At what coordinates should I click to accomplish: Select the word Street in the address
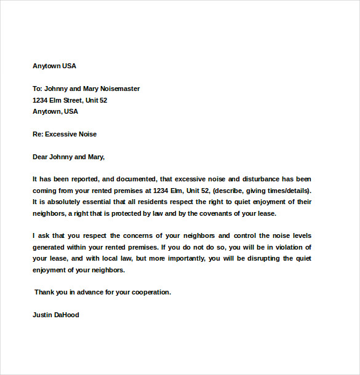click(x=76, y=100)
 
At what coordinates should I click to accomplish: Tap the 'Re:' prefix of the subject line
click(x=38, y=134)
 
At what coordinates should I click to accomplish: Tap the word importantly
click(x=181, y=259)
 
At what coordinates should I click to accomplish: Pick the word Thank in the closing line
click(x=45, y=292)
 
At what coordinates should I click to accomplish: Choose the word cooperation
click(x=149, y=292)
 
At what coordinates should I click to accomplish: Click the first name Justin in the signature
click(x=42, y=315)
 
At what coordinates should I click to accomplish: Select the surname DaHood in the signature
click(x=67, y=315)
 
